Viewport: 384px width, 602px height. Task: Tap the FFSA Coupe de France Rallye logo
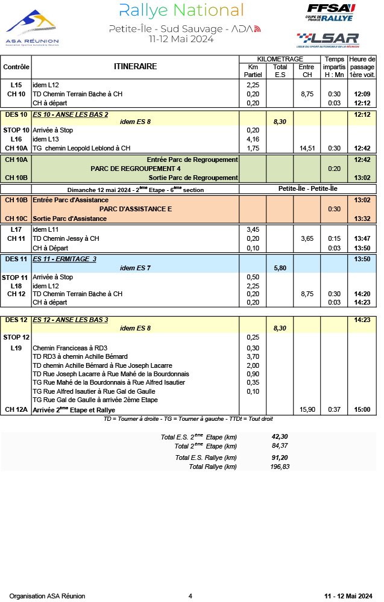(x=331, y=13)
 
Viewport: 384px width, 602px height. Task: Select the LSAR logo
(x=328, y=40)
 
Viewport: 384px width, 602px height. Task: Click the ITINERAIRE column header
(x=135, y=67)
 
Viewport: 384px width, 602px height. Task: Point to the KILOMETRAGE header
(x=280, y=59)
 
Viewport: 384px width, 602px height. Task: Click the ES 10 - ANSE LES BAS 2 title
(x=71, y=114)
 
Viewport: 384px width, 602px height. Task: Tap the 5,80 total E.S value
(x=280, y=267)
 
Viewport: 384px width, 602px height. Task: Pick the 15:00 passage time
(x=362, y=410)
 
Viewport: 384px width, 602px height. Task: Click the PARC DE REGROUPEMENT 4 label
(x=136, y=169)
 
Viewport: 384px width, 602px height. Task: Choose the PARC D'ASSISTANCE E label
(x=136, y=209)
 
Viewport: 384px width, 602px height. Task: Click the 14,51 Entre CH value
(x=307, y=148)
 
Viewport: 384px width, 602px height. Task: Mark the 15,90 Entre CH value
(x=307, y=410)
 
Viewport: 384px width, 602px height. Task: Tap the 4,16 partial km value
(x=253, y=139)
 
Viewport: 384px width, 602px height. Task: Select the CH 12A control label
(x=16, y=410)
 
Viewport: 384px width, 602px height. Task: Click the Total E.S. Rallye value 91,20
(x=280, y=458)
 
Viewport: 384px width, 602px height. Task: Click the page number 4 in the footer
(x=190, y=596)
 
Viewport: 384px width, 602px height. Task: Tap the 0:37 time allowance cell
(x=334, y=410)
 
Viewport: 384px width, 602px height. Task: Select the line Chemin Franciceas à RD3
(x=70, y=348)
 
